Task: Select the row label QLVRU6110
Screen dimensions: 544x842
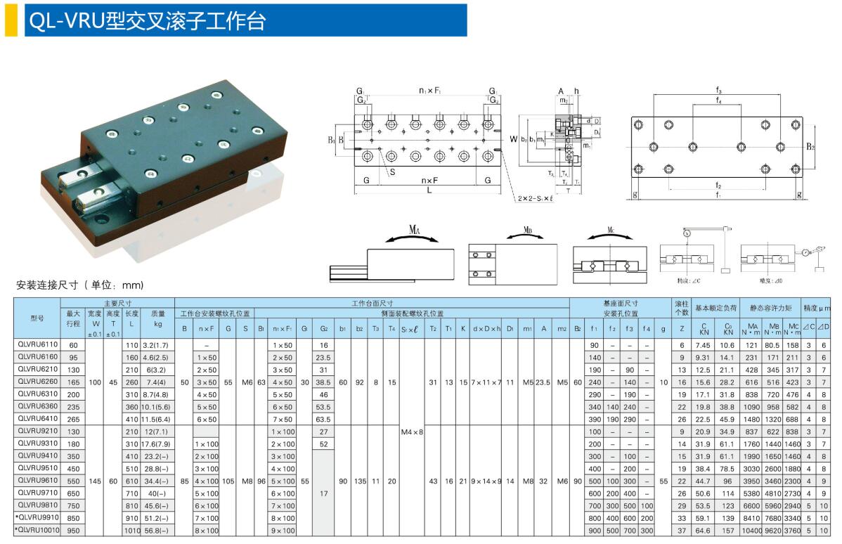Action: tap(39, 345)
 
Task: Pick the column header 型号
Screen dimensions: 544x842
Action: tap(37, 318)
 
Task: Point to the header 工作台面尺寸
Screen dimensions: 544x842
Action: tap(372, 303)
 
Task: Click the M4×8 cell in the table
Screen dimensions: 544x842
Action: tap(412, 431)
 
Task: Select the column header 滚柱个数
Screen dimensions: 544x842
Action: tap(682, 308)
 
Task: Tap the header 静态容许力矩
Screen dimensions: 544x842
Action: tap(770, 308)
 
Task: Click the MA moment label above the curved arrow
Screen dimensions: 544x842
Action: tap(414, 230)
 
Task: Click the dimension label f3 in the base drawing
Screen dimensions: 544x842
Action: tap(719, 91)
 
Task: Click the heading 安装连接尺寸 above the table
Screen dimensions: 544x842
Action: tap(79, 285)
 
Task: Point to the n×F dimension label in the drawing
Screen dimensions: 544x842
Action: tap(429, 181)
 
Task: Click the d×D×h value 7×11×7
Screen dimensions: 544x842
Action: tap(486, 382)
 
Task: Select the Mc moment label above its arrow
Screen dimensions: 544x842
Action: tap(611, 230)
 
